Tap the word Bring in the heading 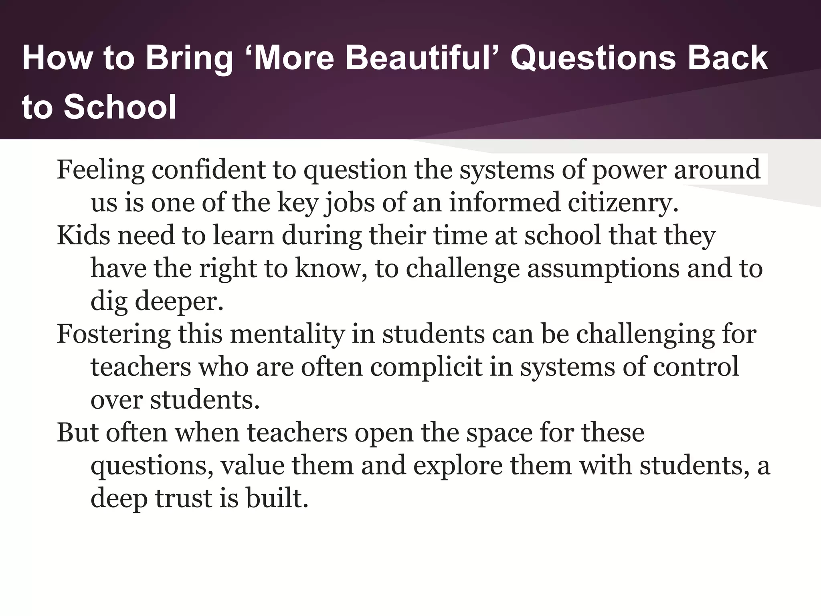point(189,58)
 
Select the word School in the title point(120,107)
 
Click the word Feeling point(100,170)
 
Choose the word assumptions point(603,269)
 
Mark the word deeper point(179,302)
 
